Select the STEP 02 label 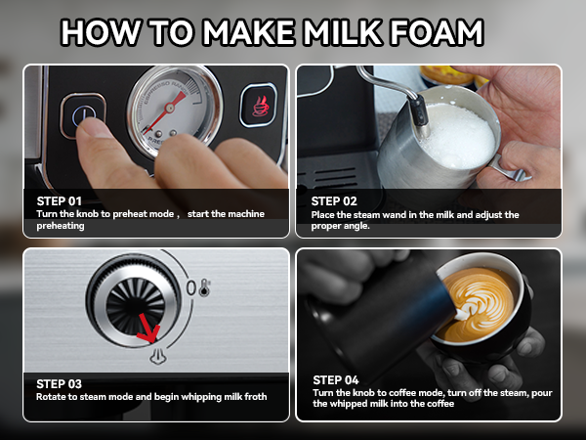click(x=334, y=199)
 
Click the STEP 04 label click(x=336, y=379)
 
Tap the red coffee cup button click(x=259, y=106)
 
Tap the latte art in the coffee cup click(x=478, y=305)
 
